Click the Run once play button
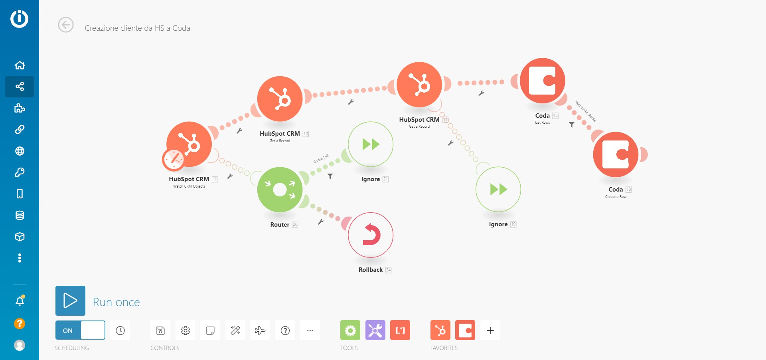70,301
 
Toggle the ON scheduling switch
80,330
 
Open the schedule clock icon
120,330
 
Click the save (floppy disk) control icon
160,330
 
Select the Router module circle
280,190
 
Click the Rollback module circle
371,235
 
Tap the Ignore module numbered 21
371,144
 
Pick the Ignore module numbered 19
498,189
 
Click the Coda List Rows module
542,81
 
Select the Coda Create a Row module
616,154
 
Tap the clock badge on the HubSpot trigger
173,159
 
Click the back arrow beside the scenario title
66,25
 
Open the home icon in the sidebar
20,65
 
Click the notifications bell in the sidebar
20,301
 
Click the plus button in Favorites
490,330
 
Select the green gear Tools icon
350,330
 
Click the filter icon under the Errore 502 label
330,176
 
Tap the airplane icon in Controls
260,330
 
